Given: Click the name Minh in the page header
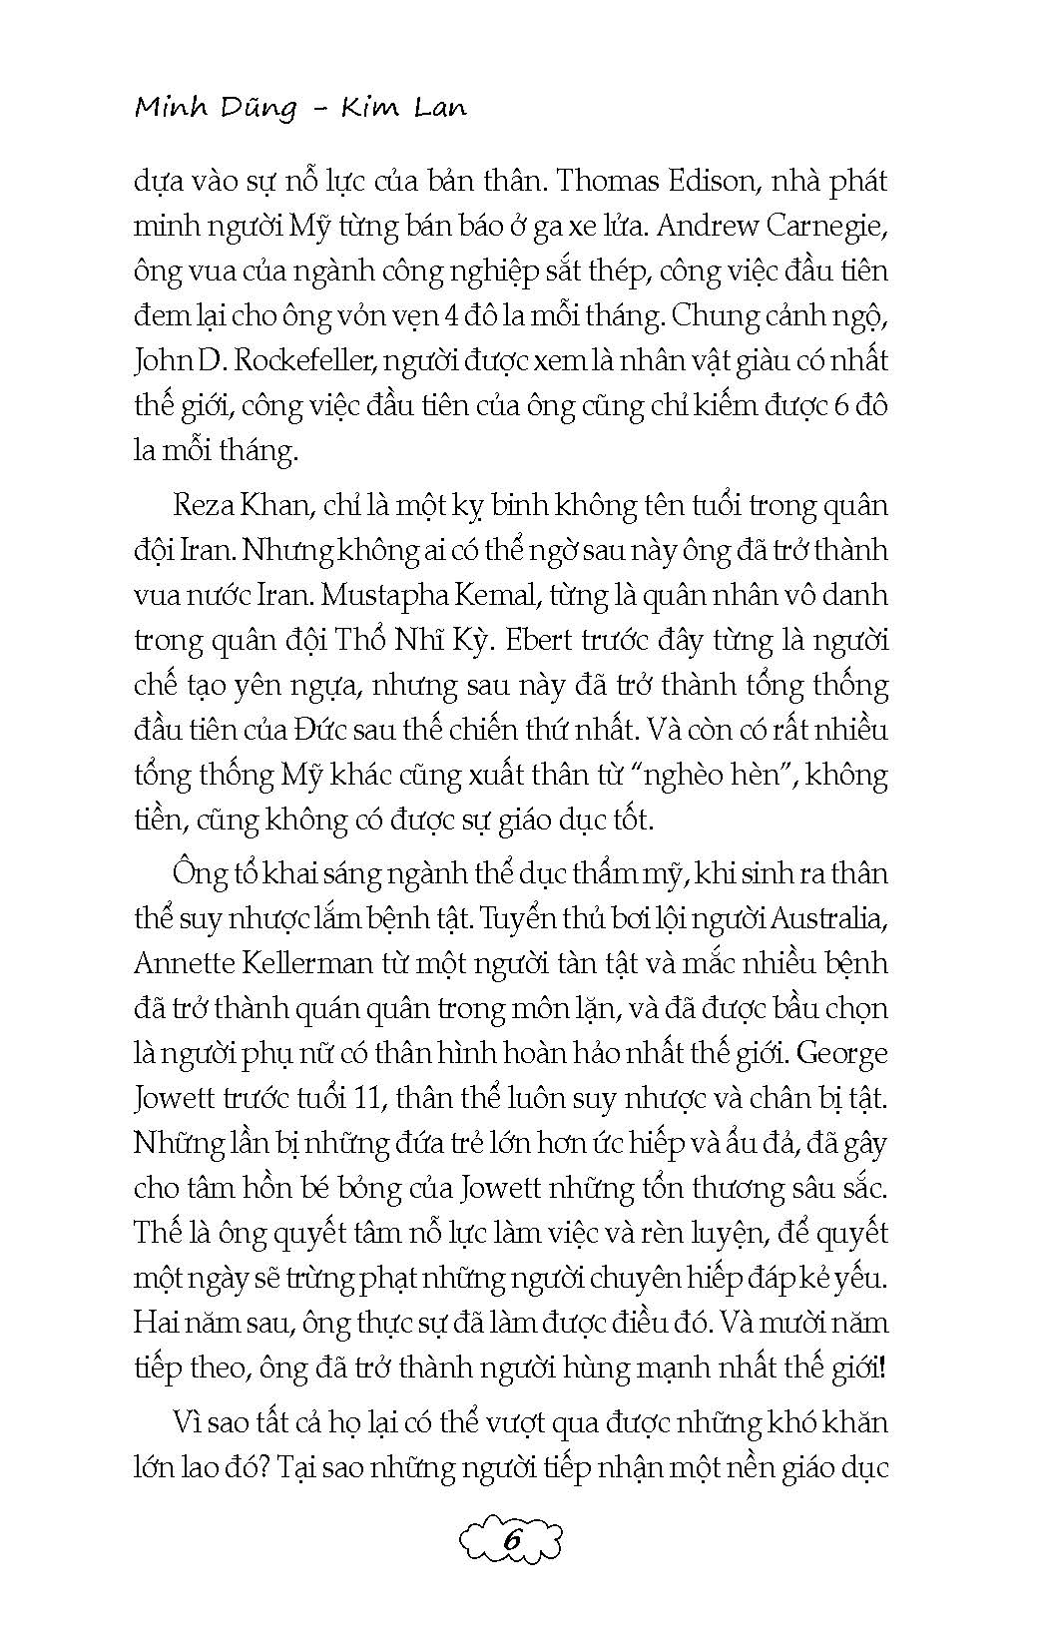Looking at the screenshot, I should tap(169, 106).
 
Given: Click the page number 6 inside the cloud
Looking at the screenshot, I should tap(513, 1541).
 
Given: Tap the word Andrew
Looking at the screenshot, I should tap(708, 227).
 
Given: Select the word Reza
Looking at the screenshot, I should tap(201, 504).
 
